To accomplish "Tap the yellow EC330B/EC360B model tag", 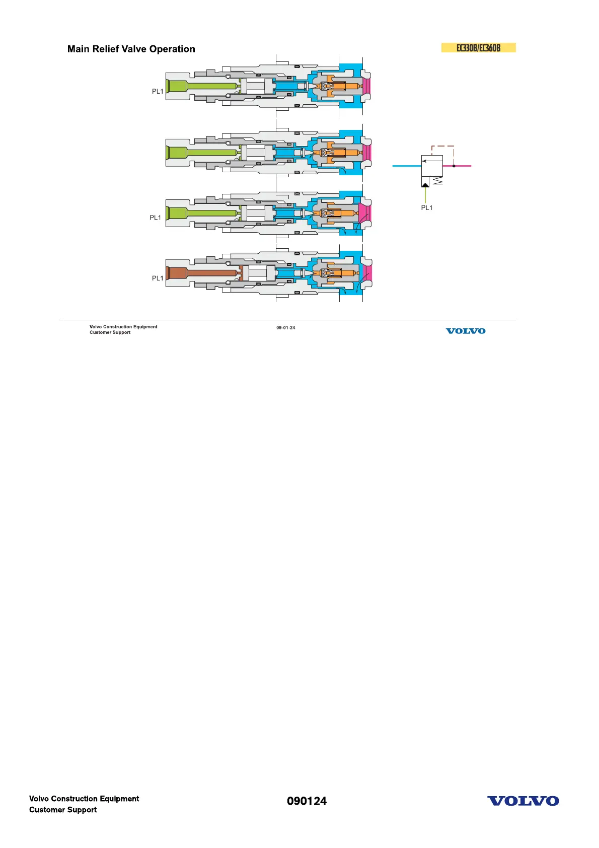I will coord(478,48).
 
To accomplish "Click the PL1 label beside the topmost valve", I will coord(158,92).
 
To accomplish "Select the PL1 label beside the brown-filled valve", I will coord(158,278).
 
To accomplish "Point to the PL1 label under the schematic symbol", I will coord(426,207).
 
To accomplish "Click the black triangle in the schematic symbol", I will coord(425,185).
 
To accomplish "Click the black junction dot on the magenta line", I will coord(454,166).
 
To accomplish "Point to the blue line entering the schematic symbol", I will coord(406,166).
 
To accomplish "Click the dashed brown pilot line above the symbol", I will coord(443,147).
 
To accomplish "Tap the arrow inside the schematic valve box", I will coord(431,161).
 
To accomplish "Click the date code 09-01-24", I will coord(285,328).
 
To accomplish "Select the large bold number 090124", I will coord(307,801).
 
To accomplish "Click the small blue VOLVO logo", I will coord(466,331).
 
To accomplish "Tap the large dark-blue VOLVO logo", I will coord(523,801).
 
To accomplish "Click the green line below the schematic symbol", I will coord(425,195).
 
